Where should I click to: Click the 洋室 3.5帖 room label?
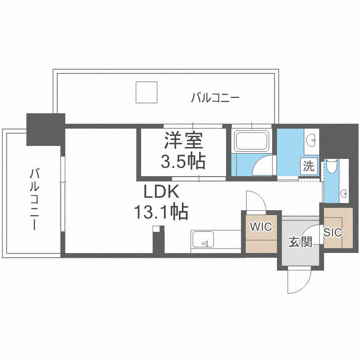pyautogui.click(x=182, y=151)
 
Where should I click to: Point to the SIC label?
pyautogui.click(x=333, y=232)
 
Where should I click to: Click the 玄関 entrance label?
pyautogui.click(x=300, y=242)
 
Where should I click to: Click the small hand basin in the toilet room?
pyautogui.click(x=344, y=193)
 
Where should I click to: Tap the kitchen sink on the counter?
pyautogui.click(x=203, y=240)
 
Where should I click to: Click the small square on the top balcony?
pyautogui.click(x=146, y=92)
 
